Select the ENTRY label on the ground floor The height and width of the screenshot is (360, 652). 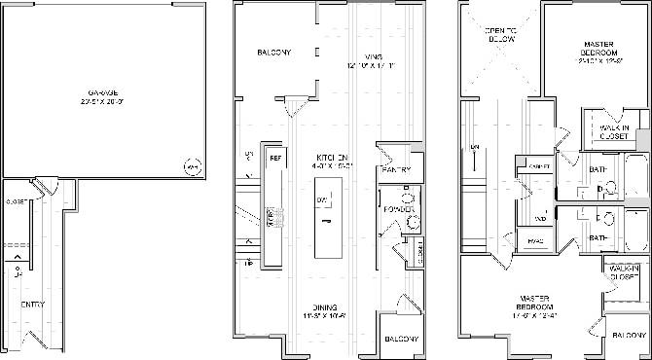point(32,305)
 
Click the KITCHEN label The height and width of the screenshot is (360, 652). point(332,159)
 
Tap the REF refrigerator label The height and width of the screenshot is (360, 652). point(275,158)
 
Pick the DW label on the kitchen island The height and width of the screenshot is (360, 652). point(320,199)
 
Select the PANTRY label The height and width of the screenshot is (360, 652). point(397,170)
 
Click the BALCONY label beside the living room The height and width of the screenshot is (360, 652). point(274,53)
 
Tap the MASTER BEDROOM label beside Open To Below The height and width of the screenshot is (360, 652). point(597,51)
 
